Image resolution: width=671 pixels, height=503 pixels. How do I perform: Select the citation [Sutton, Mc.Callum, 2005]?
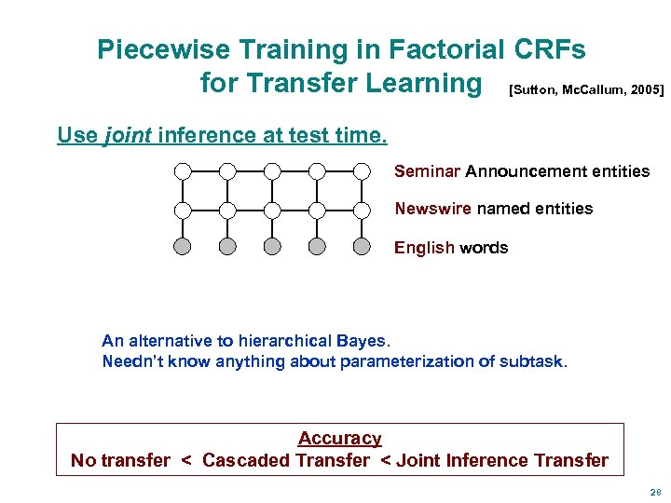[x=586, y=90]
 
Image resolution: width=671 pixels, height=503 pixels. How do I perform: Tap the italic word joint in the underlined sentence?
[x=129, y=135]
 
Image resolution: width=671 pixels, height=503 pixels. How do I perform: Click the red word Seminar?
[x=427, y=171]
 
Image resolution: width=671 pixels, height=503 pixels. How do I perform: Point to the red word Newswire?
[x=432, y=209]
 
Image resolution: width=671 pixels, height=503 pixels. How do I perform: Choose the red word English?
[x=424, y=248]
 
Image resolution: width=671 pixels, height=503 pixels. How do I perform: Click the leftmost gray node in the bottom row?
[x=183, y=247]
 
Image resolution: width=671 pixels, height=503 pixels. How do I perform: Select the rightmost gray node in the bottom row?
[x=362, y=247]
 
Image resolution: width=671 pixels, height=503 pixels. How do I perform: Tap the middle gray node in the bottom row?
[x=272, y=247]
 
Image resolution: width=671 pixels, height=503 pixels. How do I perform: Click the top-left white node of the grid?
[x=183, y=170]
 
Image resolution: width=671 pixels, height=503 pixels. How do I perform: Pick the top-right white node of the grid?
[x=362, y=170]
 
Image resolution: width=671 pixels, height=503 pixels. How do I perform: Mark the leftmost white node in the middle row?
[x=183, y=210]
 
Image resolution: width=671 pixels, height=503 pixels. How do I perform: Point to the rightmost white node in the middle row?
[x=362, y=210]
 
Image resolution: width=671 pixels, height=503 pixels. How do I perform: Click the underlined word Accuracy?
[x=339, y=438]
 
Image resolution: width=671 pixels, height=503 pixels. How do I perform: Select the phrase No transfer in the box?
[x=120, y=460]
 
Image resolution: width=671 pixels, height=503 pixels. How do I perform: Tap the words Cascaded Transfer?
[x=285, y=460]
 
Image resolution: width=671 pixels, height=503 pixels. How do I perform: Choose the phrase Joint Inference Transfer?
[x=501, y=460]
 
